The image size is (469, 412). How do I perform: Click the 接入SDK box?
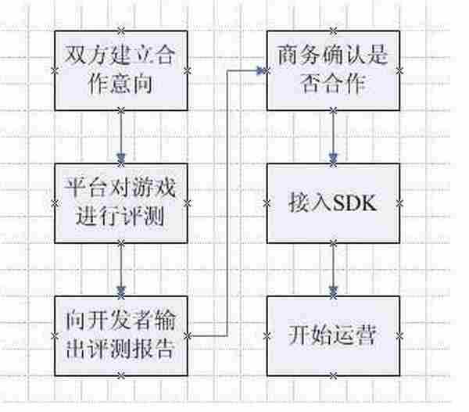334,203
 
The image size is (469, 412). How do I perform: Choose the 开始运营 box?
334,335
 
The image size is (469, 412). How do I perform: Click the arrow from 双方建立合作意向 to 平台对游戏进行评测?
120,137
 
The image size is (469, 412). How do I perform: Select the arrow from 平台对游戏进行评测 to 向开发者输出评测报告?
120,270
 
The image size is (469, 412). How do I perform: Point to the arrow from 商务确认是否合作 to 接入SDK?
334,137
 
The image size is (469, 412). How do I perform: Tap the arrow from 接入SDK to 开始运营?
334,270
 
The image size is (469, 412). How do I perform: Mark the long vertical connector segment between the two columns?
227,203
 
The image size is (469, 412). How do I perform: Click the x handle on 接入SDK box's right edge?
401,203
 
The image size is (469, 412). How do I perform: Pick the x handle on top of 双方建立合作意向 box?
120,31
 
